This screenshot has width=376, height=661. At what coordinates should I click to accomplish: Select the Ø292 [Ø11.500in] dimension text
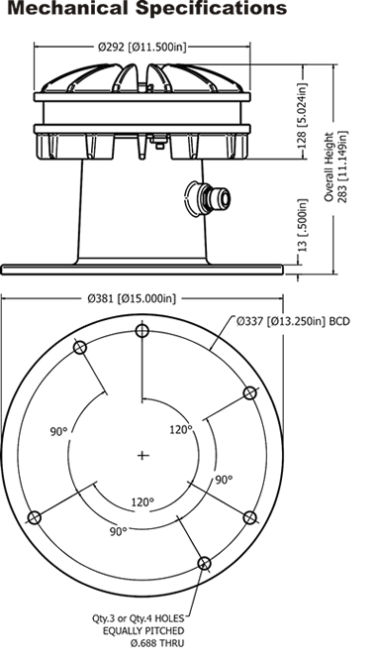[141, 47]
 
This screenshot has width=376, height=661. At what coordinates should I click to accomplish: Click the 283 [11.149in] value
[342, 166]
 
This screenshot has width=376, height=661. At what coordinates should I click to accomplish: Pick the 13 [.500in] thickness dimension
[303, 225]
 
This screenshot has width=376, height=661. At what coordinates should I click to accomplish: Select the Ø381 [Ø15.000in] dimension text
[132, 298]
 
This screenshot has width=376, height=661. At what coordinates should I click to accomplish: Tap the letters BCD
[339, 321]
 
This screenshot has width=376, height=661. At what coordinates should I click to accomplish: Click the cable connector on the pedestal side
[209, 199]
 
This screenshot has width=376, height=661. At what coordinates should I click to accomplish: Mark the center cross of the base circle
[143, 455]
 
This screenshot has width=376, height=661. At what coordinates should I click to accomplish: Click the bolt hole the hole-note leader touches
[204, 563]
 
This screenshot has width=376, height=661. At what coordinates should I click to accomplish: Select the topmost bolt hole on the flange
[142, 331]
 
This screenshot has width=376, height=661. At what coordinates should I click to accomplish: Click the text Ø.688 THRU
[157, 643]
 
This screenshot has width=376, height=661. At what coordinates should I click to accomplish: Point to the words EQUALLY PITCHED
[143, 630]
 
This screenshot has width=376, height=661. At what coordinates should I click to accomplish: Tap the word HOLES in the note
[171, 618]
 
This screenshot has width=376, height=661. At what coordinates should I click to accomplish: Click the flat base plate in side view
[141, 270]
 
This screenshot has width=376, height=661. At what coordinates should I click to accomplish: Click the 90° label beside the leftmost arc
[59, 432]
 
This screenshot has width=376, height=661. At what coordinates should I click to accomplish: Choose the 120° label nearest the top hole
[181, 429]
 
